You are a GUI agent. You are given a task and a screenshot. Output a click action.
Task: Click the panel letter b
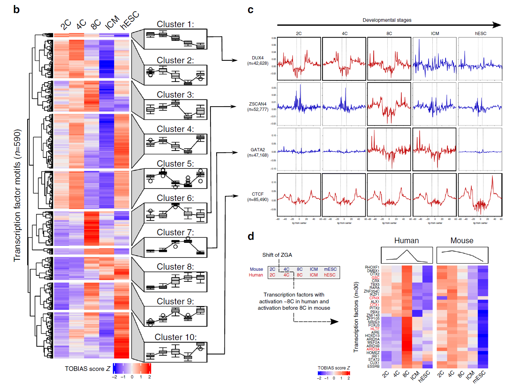tap(16, 9)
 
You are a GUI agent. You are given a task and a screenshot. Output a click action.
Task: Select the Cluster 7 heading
tap(175, 232)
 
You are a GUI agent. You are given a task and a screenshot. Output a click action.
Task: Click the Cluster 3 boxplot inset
tap(175, 109)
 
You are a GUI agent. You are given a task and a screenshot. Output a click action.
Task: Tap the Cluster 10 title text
tap(175, 337)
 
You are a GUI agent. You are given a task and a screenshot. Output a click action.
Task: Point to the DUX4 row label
tap(258, 58)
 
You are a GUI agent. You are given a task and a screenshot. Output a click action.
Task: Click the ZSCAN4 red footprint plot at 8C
tap(389, 104)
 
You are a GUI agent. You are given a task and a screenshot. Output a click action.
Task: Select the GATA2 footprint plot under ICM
tap(435, 150)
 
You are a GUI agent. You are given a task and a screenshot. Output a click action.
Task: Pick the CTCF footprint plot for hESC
tap(480, 195)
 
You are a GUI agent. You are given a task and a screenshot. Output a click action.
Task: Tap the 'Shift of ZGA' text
tap(277, 255)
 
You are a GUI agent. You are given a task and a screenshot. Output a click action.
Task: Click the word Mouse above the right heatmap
tap(462, 241)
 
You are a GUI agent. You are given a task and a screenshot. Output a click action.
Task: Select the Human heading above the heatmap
tap(406, 241)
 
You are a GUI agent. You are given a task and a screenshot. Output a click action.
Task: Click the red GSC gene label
tap(375, 278)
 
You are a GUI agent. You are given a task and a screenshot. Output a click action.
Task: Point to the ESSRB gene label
tap(373, 366)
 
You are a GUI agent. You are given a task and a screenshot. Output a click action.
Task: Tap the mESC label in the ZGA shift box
tap(330, 269)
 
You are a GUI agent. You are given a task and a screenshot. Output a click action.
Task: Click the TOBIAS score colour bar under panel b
tap(132, 368)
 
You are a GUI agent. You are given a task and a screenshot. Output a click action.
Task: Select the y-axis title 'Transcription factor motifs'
tap(17, 195)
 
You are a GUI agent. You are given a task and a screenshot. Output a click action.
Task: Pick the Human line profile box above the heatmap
tap(407, 255)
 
